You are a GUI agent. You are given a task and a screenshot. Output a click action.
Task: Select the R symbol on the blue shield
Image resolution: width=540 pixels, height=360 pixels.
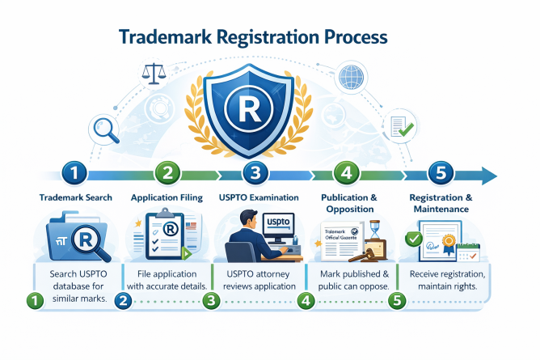click(x=247, y=105)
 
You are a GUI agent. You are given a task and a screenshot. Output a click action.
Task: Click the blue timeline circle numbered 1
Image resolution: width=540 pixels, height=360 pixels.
click(x=74, y=172)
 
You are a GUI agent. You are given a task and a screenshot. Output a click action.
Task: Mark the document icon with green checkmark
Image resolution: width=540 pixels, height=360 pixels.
click(x=398, y=126)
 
